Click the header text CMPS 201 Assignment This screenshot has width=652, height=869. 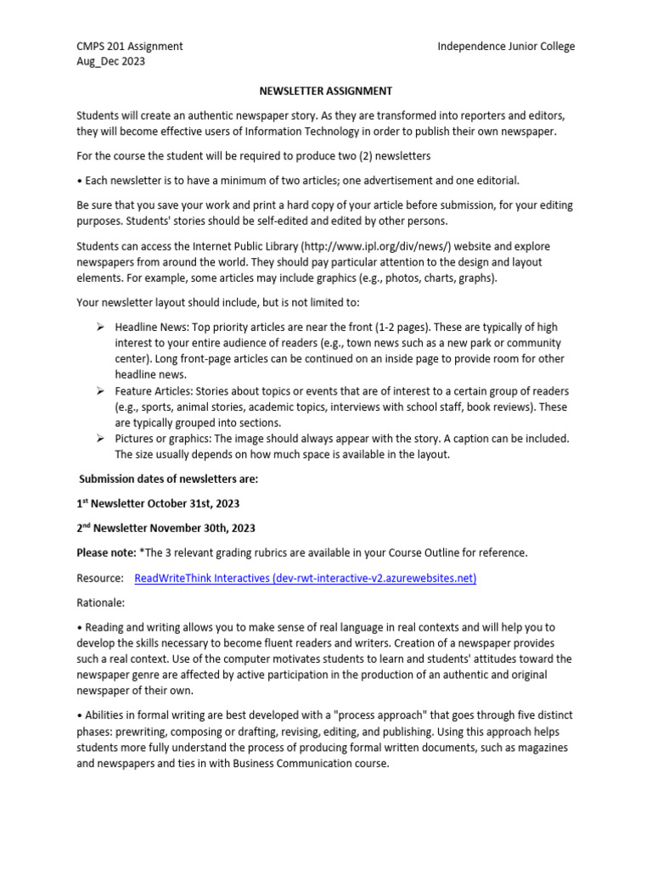tap(130, 47)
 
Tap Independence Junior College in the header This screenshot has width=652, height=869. tap(506, 47)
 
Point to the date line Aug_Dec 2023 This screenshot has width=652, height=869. tap(110, 61)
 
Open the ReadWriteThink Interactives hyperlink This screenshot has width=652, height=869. tap(306, 578)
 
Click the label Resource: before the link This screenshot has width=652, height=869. tap(100, 578)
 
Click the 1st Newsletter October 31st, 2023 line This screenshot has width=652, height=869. tap(158, 503)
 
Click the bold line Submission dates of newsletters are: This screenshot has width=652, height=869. tap(168, 479)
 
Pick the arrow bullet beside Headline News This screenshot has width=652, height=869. tap(99, 327)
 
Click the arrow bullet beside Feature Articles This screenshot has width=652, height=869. tap(99, 390)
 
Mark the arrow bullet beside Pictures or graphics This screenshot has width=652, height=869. tap(99, 438)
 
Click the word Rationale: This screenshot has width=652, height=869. tap(100, 603)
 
